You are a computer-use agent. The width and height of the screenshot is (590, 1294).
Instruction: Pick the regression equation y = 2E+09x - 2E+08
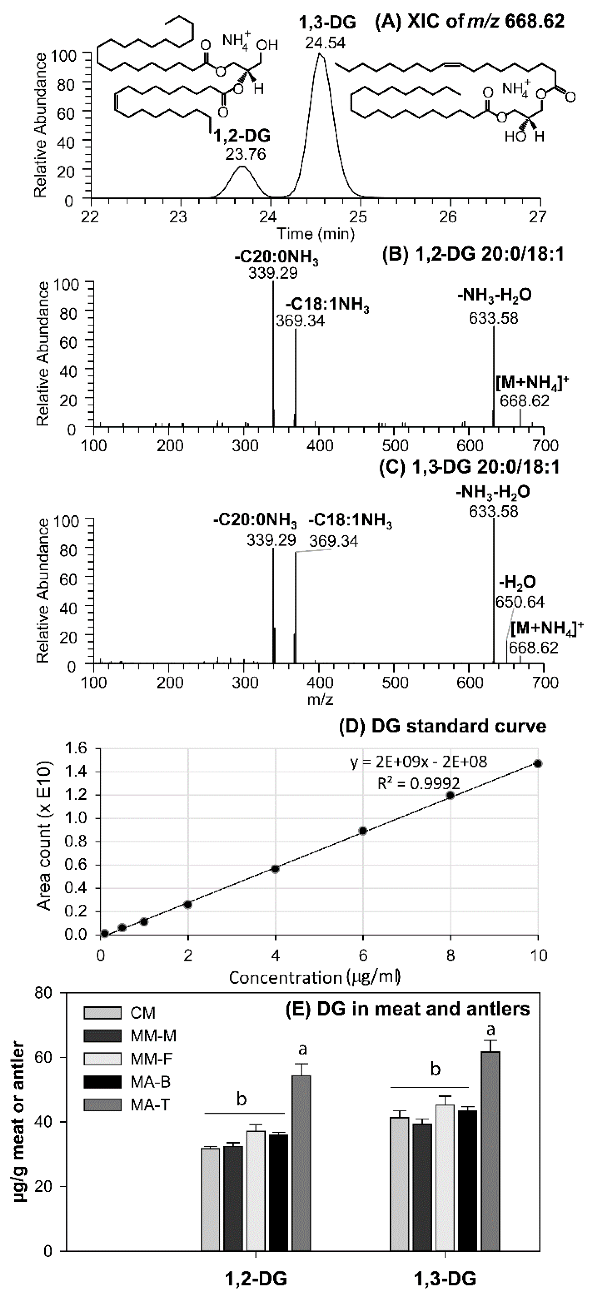(419, 763)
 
